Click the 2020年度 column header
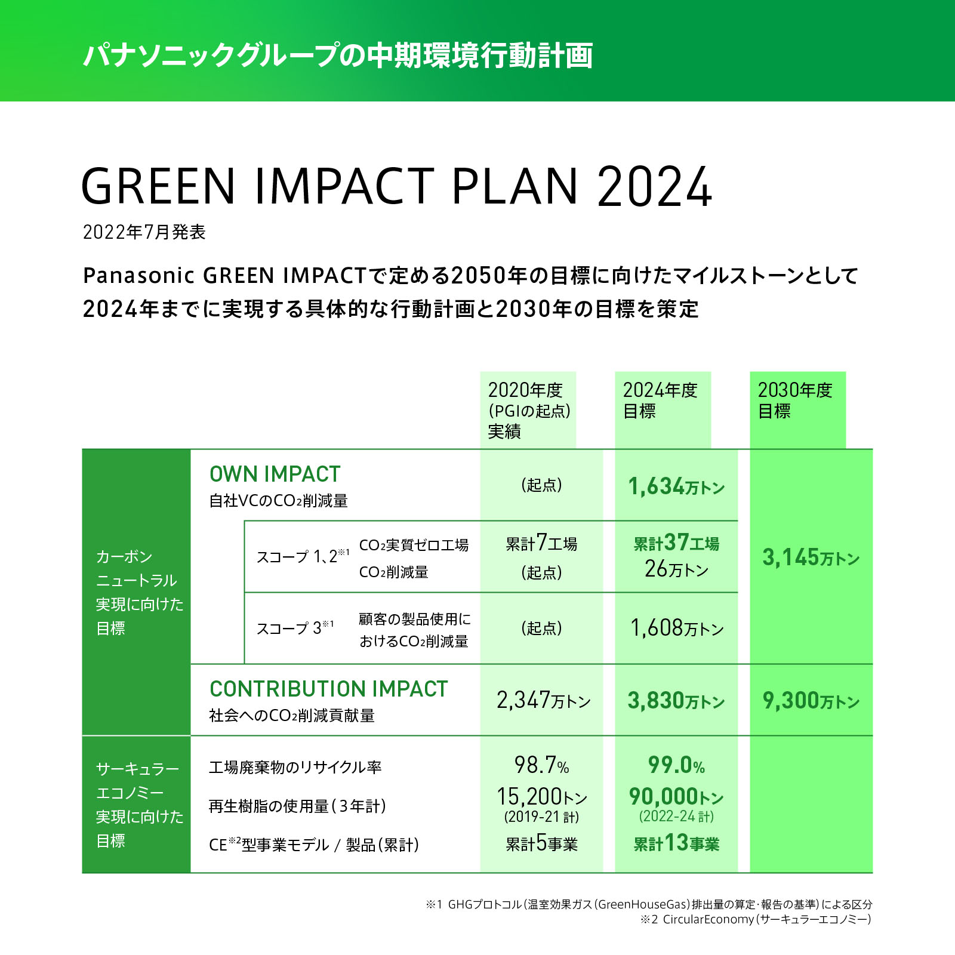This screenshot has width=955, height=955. (528, 410)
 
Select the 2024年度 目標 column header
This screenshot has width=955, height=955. (661, 401)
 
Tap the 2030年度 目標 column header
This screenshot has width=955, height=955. (796, 401)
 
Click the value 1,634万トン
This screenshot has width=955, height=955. (676, 486)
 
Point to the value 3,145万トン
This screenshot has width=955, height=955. (811, 557)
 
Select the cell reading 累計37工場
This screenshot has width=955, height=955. (676, 543)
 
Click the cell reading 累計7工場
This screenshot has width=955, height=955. (541, 543)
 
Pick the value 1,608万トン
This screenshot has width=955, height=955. (676, 628)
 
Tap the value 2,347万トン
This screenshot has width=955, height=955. (543, 700)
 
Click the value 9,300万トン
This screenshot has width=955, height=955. (811, 700)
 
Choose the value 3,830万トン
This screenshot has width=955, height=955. (676, 700)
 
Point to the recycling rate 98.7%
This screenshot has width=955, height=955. (541, 765)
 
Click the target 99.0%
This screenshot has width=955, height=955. (676, 765)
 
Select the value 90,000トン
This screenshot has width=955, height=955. (676, 797)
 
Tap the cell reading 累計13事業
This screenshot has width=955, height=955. (676, 843)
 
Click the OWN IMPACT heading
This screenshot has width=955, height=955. (275, 474)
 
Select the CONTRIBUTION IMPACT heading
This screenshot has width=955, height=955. (328, 689)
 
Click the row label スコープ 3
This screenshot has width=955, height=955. (294, 628)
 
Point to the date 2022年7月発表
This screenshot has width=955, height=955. (144, 232)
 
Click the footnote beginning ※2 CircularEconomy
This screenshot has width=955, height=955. (756, 920)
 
